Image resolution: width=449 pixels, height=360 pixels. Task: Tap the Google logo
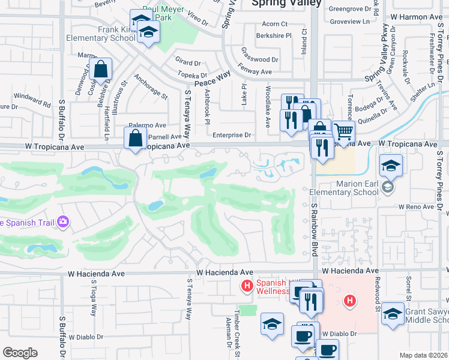(20, 353)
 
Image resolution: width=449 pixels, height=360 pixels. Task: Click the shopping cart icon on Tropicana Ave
(343, 131)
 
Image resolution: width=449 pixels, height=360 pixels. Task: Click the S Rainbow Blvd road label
(313, 227)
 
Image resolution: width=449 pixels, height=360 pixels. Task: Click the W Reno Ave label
(416, 206)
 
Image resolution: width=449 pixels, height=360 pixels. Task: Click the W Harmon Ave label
(416, 18)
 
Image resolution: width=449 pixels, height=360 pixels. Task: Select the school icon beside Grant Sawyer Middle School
(393, 314)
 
